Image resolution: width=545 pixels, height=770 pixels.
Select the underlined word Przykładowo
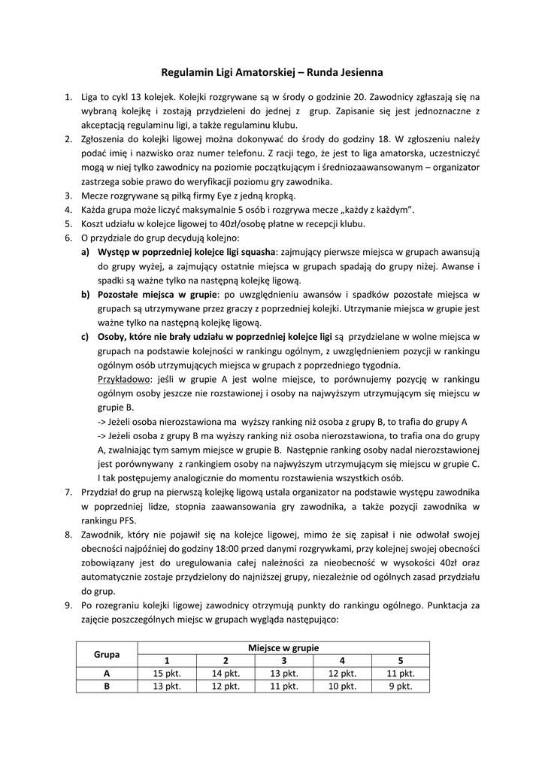coord(125,380)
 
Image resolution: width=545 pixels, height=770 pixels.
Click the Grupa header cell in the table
coord(107,653)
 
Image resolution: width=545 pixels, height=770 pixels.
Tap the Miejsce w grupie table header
coord(283,647)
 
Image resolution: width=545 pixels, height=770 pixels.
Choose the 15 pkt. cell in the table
coord(167,673)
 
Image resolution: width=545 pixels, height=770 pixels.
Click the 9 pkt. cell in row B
coord(401,686)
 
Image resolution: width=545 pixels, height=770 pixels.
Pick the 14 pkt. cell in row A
coord(226,673)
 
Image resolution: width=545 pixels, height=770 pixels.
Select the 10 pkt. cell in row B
coord(342,686)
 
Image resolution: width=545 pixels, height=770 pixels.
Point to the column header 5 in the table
coord(401,659)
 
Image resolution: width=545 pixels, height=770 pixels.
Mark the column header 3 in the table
coord(284,659)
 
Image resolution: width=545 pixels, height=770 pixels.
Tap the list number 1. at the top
coord(68,97)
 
